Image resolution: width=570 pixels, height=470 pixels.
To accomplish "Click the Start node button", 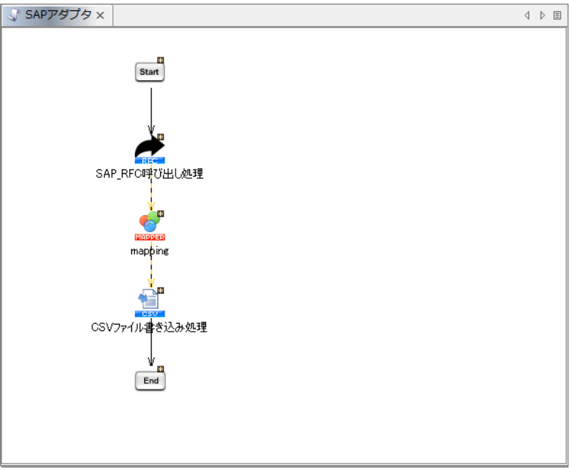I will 150,72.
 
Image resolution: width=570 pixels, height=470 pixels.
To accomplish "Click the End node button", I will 150,380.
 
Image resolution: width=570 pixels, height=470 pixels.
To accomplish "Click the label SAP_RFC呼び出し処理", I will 149,174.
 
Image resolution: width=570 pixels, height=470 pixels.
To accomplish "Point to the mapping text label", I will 149,251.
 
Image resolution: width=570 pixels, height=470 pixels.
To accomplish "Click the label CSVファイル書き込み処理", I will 149,327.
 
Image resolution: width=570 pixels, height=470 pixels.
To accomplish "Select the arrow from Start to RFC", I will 151,109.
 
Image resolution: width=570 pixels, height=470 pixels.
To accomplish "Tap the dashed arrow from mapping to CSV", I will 151,272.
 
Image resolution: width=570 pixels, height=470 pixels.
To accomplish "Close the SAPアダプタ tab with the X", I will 101,16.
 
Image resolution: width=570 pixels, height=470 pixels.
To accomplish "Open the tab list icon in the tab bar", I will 557,15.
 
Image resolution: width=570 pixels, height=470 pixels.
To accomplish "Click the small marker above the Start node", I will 160,60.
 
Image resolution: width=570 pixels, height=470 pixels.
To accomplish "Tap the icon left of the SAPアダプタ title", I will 14,15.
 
